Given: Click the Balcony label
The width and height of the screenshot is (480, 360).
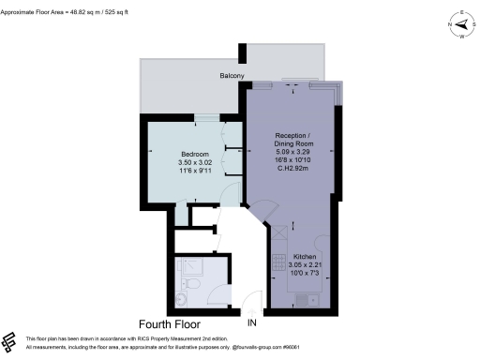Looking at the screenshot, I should click(232, 75).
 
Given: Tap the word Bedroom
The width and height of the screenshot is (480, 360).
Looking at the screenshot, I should click(195, 155).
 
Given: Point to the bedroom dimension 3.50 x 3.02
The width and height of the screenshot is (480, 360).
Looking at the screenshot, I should click(195, 163).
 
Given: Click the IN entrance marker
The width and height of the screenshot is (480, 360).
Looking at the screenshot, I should click(251, 322).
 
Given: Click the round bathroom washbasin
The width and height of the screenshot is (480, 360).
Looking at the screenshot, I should click(183, 299).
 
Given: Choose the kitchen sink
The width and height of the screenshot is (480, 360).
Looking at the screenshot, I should click(301, 299).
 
